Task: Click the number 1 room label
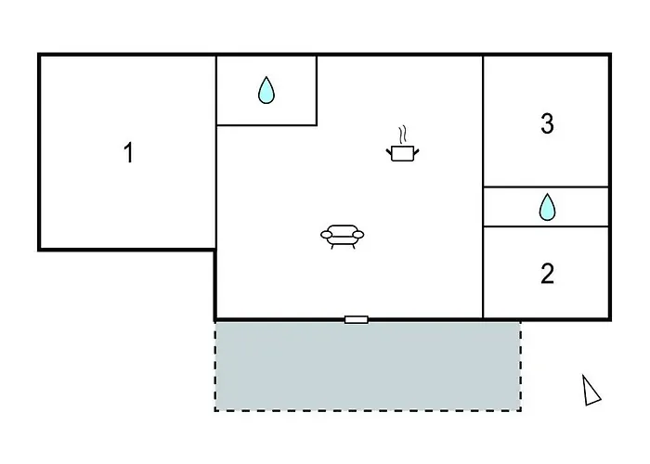coord(129,152)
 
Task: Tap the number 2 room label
coord(547,274)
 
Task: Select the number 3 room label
coord(547,123)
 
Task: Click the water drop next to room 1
coord(266,90)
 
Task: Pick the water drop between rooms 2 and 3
coord(547,207)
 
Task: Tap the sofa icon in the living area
coord(343,237)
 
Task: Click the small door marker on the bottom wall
coord(356,319)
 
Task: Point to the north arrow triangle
coord(590,392)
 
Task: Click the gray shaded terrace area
coord(368,367)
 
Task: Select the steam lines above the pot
coord(402,135)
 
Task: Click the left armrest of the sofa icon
coord(327,235)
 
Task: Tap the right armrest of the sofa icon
coord(358,235)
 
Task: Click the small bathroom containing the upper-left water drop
coord(266,90)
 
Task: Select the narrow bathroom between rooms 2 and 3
coord(546,207)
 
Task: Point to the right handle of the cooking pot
coord(416,152)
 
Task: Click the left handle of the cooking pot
coord(389,152)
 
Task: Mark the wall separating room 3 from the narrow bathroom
coord(546,187)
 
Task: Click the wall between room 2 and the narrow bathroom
coord(546,226)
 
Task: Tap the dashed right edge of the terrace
coord(521,367)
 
